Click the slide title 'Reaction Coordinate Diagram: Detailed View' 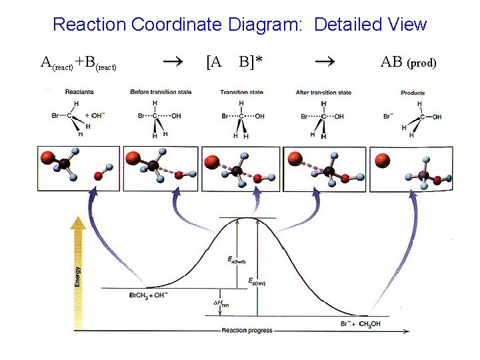[x=239, y=25]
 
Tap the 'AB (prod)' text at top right [x=408, y=63]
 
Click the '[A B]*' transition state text [x=234, y=63]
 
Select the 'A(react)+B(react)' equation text [x=79, y=63]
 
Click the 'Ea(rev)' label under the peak [x=257, y=283]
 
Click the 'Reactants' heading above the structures [x=79, y=91]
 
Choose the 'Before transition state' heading [x=159, y=91]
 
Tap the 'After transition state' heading [x=323, y=92]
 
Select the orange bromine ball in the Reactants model [x=46, y=159]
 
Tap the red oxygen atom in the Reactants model [x=98, y=176]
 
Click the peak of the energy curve [x=248, y=218]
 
